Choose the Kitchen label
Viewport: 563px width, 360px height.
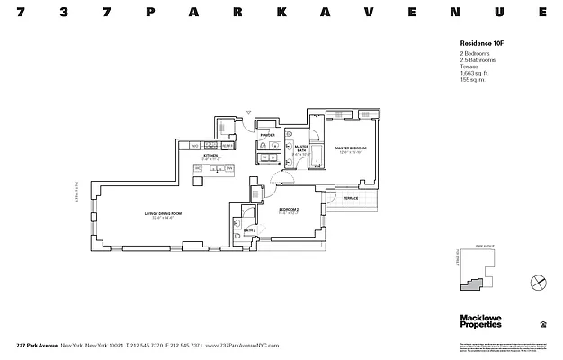[x=210, y=157]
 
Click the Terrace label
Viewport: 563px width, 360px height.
[x=351, y=198]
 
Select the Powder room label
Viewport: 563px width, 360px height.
[x=267, y=135]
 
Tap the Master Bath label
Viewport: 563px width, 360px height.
[x=300, y=150]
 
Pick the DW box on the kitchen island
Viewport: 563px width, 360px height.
[x=229, y=168]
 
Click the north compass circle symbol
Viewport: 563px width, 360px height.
[x=538, y=282]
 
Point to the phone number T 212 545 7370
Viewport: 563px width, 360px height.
[x=150, y=345]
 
